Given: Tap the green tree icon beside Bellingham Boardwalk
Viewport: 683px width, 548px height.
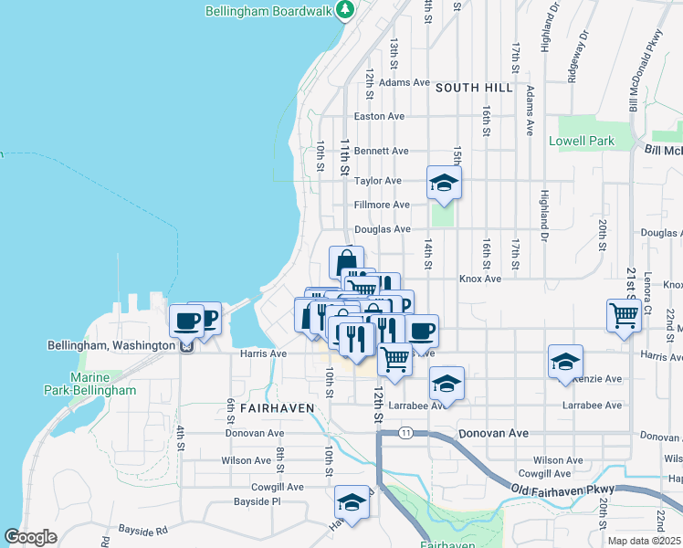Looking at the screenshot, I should tap(345, 10).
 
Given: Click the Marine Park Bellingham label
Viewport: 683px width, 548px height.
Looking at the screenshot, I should tap(103, 384).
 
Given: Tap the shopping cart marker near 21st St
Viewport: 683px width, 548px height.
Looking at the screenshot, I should tap(625, 316).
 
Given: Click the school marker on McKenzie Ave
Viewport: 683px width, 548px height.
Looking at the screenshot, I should tap(566, 362).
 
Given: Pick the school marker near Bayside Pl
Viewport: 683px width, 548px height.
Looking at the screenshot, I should tap(352, 502).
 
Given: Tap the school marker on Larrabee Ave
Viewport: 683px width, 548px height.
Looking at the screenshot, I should tap(447, 384).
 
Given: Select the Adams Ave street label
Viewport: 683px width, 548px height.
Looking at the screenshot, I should tap(405, 82).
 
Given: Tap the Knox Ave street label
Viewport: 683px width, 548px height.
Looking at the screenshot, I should tap(480, 279).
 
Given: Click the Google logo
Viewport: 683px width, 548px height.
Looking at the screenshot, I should tap(31, 537).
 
